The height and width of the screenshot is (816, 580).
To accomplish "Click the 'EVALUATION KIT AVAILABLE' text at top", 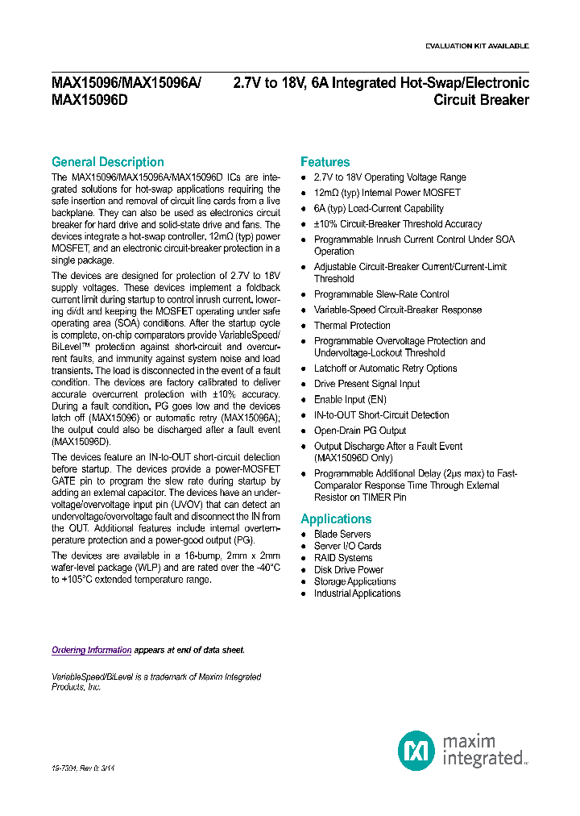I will [477, 46].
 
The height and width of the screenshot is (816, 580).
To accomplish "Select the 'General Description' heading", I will [107, 162].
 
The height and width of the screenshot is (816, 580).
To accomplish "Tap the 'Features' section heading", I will [325, 162].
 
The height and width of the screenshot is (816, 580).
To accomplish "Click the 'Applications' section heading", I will [336, 519].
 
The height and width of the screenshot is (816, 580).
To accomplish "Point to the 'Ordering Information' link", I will [91, 650].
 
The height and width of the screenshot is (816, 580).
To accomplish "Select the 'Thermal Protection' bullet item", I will [352, 326].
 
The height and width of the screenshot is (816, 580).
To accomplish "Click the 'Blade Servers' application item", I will [342, 535].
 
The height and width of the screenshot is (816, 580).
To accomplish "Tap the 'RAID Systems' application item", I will [343, 558].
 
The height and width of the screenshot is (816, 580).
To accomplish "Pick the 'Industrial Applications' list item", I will [357, 593].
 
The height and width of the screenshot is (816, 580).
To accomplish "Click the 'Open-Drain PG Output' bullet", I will [360, 431].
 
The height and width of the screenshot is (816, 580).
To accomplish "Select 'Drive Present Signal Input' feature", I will [367, 384].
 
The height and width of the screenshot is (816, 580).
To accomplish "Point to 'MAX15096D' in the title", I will [89, 101].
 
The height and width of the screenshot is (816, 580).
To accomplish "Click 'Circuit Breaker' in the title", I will [481, 101].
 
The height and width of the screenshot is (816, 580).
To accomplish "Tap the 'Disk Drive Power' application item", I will [349, 570].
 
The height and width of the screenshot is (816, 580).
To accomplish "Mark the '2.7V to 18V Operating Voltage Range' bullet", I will [390, 177].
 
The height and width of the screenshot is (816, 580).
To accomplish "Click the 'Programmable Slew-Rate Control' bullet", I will [382, 294].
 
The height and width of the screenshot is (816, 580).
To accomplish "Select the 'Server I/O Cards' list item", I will [348, 547].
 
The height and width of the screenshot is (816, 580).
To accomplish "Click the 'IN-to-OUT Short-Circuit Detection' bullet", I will [382, 415].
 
